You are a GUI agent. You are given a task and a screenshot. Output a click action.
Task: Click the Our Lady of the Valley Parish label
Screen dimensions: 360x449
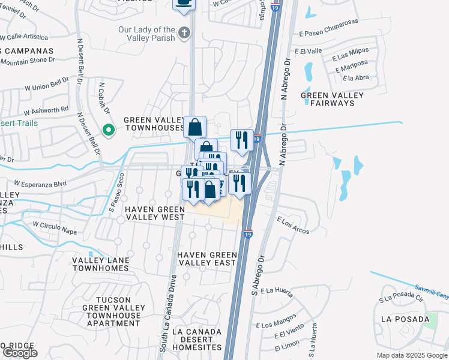coord(147,34)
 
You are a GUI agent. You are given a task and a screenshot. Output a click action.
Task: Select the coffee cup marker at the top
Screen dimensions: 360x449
coord(184,4)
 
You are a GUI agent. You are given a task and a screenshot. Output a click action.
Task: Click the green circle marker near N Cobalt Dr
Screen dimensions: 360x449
coord(108,129)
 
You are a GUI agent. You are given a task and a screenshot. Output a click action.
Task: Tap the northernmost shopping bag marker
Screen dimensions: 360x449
coord(194,127)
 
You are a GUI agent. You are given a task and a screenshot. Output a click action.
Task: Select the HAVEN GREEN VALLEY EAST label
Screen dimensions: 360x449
coord(207,259)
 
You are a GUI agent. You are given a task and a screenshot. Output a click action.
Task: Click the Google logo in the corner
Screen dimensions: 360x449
coord(20,352)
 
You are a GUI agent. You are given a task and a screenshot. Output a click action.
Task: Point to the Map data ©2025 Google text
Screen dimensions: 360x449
coord(411,355)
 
